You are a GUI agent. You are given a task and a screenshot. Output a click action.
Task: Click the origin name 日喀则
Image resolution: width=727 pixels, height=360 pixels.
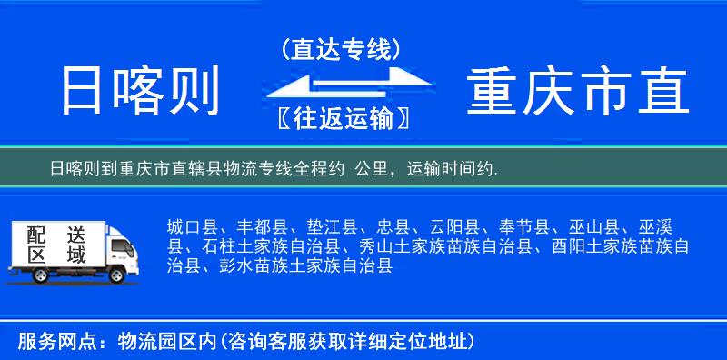(x=141, y=92)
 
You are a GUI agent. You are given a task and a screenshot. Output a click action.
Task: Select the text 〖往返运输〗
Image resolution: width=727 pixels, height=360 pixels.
(x=340, y=118)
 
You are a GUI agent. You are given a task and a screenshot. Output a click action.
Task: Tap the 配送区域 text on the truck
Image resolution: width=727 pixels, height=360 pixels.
(x=55, y=244)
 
